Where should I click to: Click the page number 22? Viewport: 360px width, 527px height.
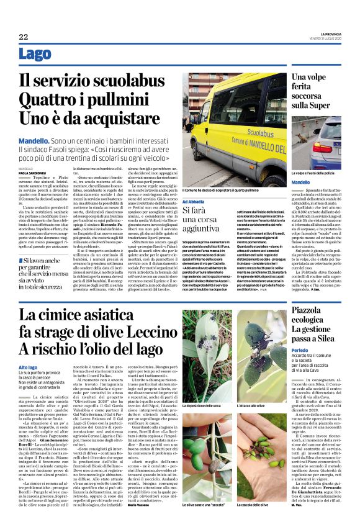(x=24, y=37)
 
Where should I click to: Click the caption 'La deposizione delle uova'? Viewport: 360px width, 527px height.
(x=205, y=406)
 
